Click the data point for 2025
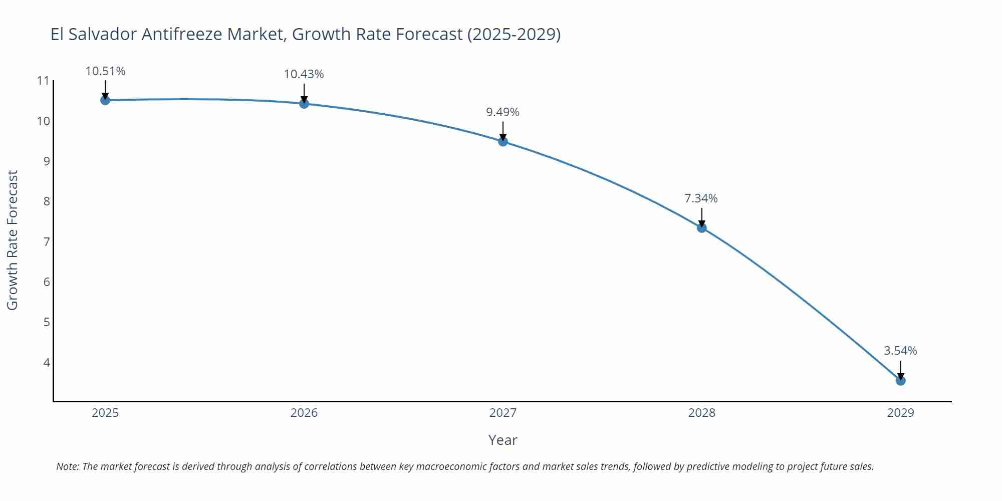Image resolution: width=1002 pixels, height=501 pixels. click(105, 100)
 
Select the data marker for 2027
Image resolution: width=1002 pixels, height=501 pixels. click(503, 141)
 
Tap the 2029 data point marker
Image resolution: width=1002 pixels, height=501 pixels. click(900, 381)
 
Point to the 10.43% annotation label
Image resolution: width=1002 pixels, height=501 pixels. click(304, 74)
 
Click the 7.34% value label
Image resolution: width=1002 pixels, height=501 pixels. click(701, 198)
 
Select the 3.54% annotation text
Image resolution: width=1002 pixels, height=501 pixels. click(900, 351)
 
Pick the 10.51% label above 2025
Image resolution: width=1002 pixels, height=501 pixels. click(105, 71)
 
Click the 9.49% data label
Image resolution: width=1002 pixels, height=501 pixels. click(503, 112)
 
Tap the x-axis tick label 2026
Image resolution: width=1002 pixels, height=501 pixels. click(304, 413)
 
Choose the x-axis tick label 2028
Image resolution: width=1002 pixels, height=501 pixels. click(701, 413)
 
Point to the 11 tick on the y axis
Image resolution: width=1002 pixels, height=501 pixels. click(43, 81)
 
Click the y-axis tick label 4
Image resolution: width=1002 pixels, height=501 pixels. click(47, 362)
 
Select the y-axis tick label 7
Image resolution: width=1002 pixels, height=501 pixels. click(47, 242)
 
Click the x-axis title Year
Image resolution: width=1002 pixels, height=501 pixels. click(503, 440)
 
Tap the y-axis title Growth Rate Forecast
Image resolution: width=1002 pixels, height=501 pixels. click(13, 240)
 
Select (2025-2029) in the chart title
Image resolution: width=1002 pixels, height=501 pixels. click(514, 34)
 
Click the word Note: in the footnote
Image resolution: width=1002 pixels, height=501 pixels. click(68, 466)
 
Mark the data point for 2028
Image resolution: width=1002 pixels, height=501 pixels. click(701, 228)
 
